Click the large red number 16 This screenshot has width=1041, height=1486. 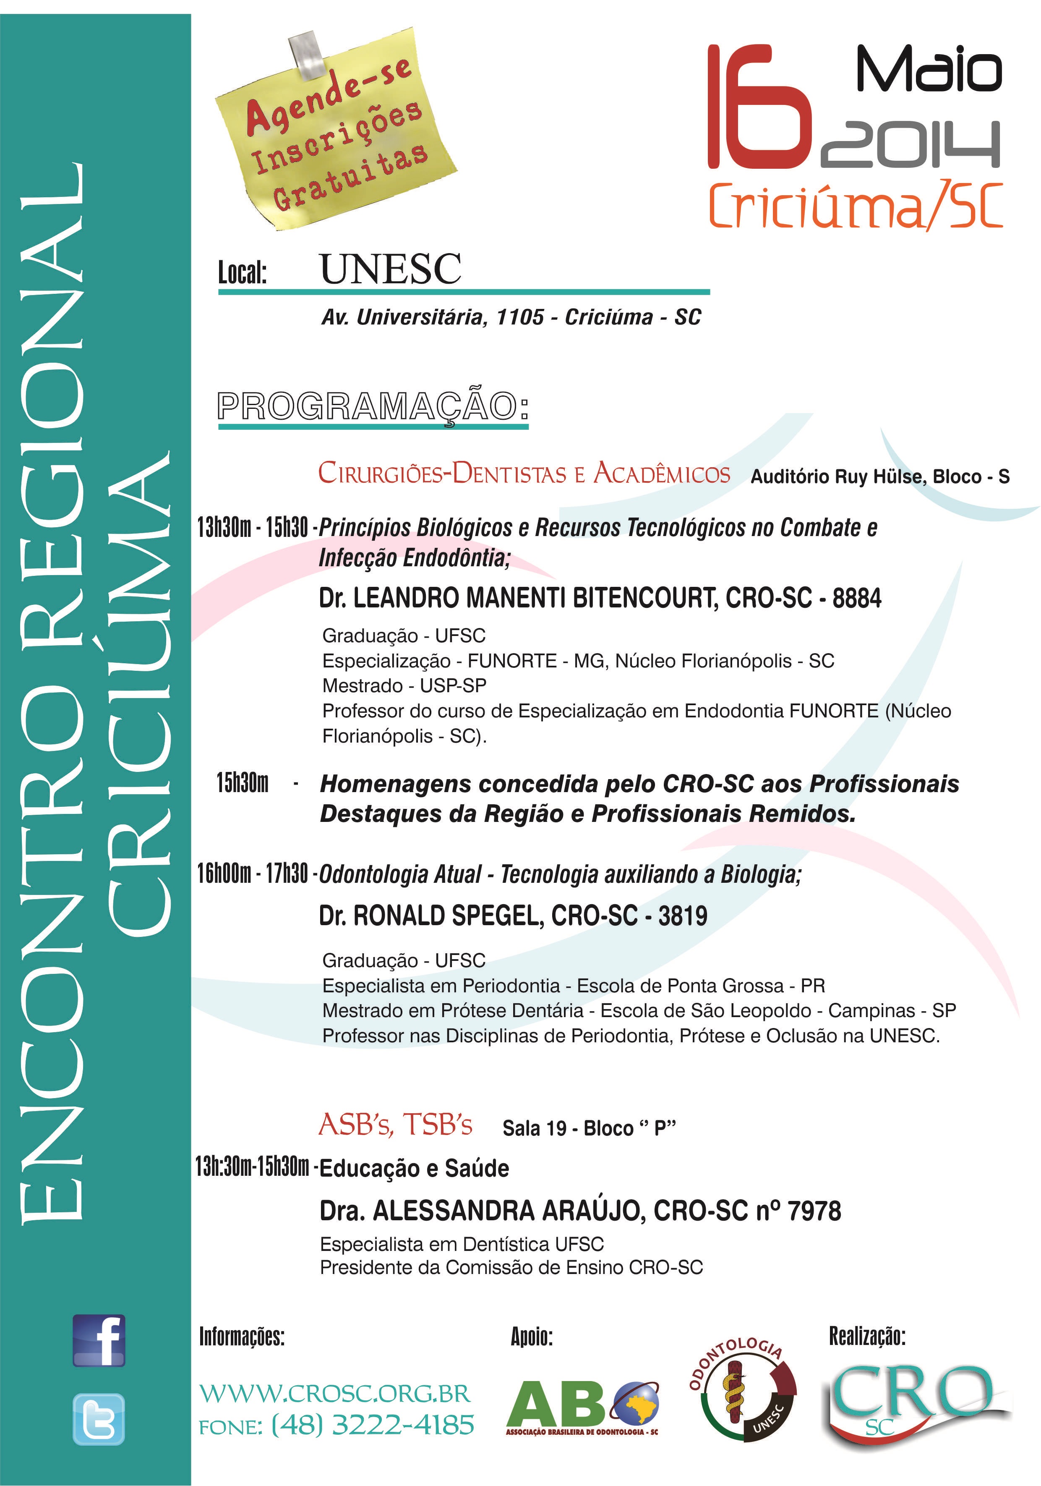(758, 107)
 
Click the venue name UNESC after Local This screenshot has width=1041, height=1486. (390, 269)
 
